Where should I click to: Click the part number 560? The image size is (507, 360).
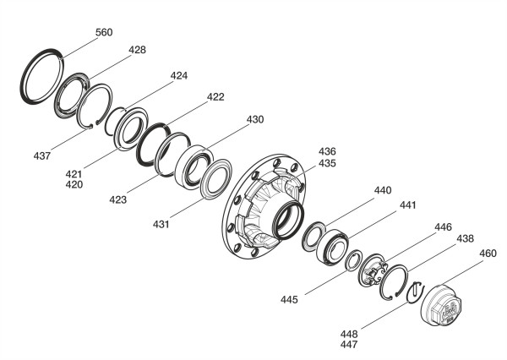click(104, 32)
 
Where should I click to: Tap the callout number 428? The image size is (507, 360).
click(137, 50)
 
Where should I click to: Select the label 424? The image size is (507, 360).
click(179, 76)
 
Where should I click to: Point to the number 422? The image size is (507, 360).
click(215, 97)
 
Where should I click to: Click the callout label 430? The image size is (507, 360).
click(255, 120)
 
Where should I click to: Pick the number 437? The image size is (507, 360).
click(42, 156)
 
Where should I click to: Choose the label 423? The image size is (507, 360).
click(117, 200)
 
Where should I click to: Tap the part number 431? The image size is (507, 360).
click(161, 224)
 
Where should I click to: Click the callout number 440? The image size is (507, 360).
click(383, 190)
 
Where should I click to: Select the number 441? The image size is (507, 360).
click(408, 205)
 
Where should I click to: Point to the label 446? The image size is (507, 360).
click(443, 227)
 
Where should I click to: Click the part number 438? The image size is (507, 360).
click(465, 238)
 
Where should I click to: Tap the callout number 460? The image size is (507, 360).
click(488, 254)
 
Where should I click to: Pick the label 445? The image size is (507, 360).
click(289, 300)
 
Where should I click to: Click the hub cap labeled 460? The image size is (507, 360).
click(441, 303)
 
